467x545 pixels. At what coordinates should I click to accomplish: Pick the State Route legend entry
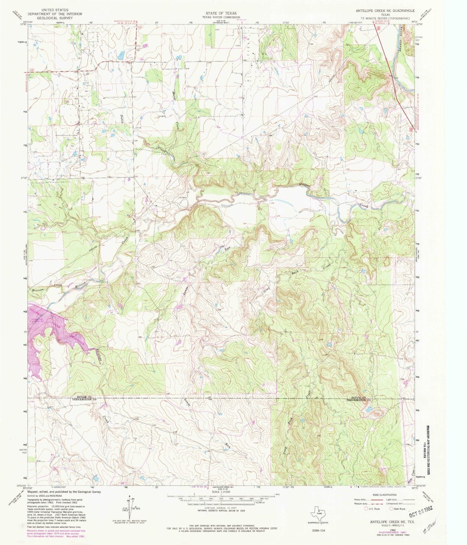point(397,509)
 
